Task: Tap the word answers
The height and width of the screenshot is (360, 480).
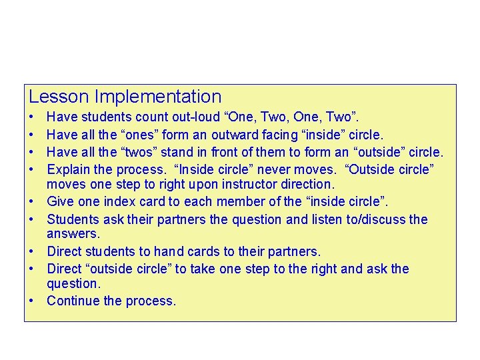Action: pos(73,234)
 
